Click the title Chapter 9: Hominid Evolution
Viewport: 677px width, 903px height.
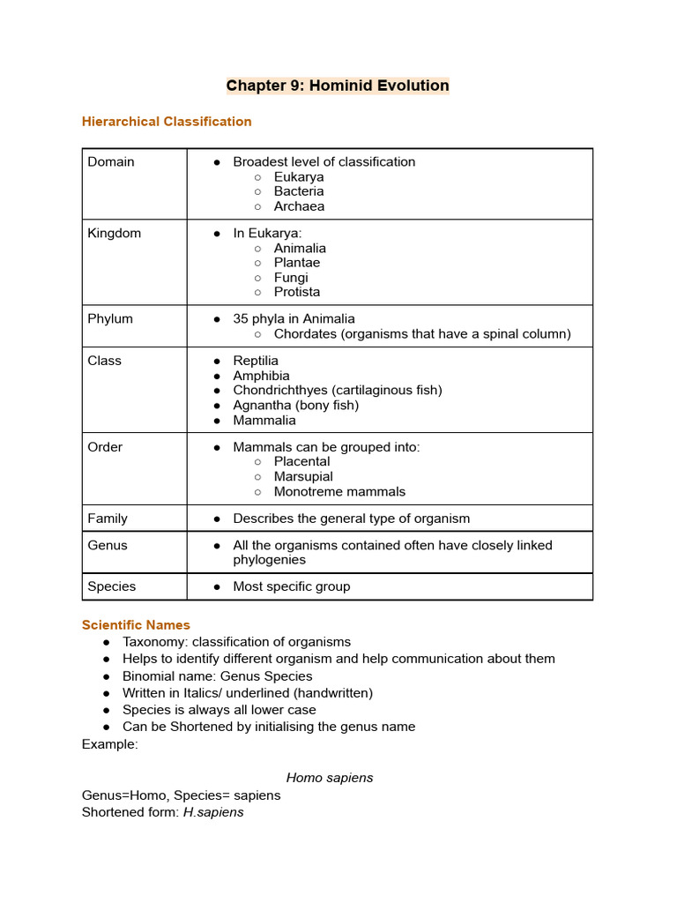pyautogui.click(x=338, y=86)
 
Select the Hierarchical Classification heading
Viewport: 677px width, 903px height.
pyautogui.click(x=167, y=122)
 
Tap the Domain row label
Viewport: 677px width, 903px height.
pyautogui.click(x=111, y=161)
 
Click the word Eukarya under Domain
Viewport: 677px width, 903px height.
pyautogui.click(x=299, y=176)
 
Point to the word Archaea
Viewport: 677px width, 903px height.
pyautogui.click(x=299, y=206)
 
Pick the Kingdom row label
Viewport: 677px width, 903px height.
pyautogui.click(x=115, y=233)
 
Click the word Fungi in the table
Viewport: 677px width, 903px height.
pyautogui.click(x=291, y=278)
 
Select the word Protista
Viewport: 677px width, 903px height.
pyautogui.click(x=297, y=292)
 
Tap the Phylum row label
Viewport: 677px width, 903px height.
pyautogui.click(x=110, y=318)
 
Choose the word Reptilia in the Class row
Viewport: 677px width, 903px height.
pyautogui.click(x=256, y=361)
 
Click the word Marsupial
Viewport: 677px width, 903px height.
pyautogui.click(x=303, y=476)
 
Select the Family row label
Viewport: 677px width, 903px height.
pyautogui.click(x=108, y=519)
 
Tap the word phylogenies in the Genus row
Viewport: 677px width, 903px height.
pyautogui.click(x=270, y=560)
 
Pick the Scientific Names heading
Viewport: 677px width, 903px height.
pyautogui.click(x=136, y=625)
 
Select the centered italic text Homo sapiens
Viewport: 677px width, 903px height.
pyautogui.click(x=330, y=778)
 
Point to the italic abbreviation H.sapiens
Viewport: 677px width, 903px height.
pyautogui.click(x=213, y=812)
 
